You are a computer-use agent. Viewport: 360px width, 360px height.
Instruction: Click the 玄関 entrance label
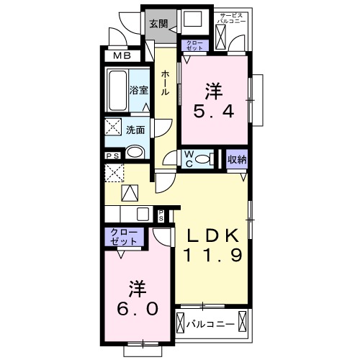pos(158,23)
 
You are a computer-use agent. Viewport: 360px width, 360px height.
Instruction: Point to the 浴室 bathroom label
pos(138,91)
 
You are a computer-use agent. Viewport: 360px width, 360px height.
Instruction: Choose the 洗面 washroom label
pos(135,130)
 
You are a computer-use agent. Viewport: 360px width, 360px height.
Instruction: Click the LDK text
pos(213,236)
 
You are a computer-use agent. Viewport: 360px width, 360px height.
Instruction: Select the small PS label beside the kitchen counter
pos(161,214)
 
